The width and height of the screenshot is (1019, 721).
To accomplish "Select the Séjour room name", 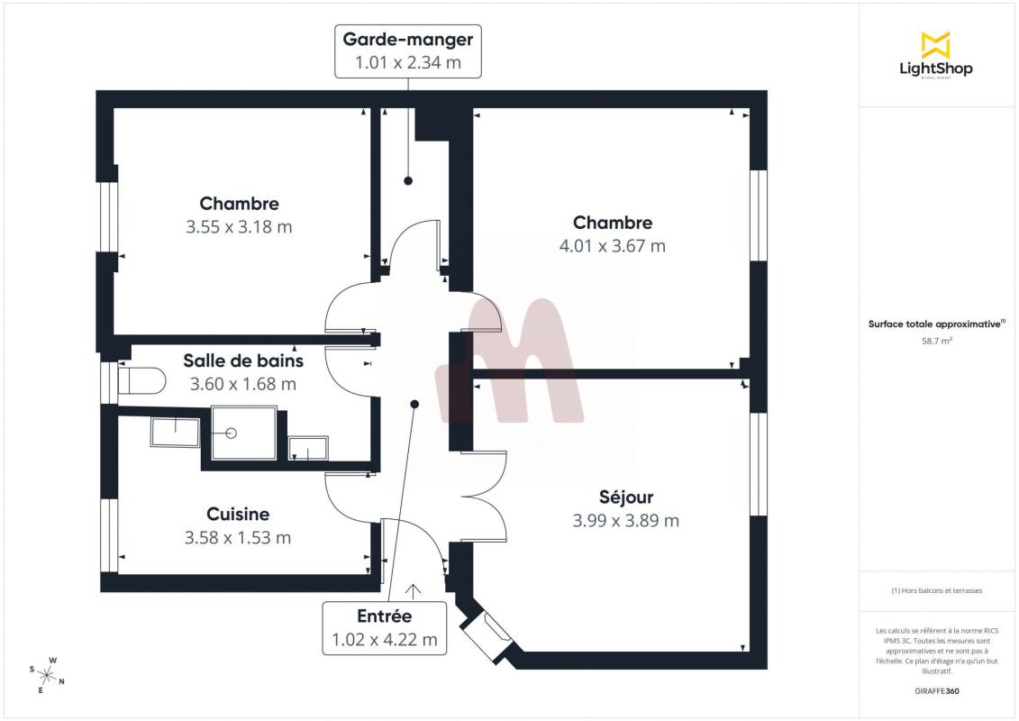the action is [x=626, y=497].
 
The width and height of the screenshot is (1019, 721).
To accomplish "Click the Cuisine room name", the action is [x=238, y=515].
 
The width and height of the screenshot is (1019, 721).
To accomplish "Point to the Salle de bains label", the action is [x=243, y=360].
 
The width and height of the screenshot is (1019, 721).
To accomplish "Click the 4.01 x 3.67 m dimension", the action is [x=612, y=246].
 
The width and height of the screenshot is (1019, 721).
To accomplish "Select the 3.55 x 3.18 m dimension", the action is [x=239, y=227].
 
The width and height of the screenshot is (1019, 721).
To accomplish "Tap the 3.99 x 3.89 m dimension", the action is [x=625, y=521].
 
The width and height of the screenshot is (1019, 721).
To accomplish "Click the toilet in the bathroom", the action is [x=141, y=381].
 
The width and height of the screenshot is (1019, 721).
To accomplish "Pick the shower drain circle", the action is [x=231, y=433].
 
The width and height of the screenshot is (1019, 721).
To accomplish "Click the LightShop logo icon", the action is [x=936, y=45].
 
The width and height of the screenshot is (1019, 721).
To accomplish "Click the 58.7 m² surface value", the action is [x=936, y=341].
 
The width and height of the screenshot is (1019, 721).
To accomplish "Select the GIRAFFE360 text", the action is [x=936, y=691].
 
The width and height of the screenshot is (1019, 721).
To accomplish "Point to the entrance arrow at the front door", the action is [x=413, y=590].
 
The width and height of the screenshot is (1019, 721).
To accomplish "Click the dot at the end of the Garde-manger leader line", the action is [x=408, y=181].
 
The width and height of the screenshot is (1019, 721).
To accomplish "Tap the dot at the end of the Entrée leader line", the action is [x=414, y=405].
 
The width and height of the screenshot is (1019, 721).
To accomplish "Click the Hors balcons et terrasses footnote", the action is [x=936, y=591].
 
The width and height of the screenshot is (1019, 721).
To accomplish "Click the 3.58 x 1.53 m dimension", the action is [x=238, y=538].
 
